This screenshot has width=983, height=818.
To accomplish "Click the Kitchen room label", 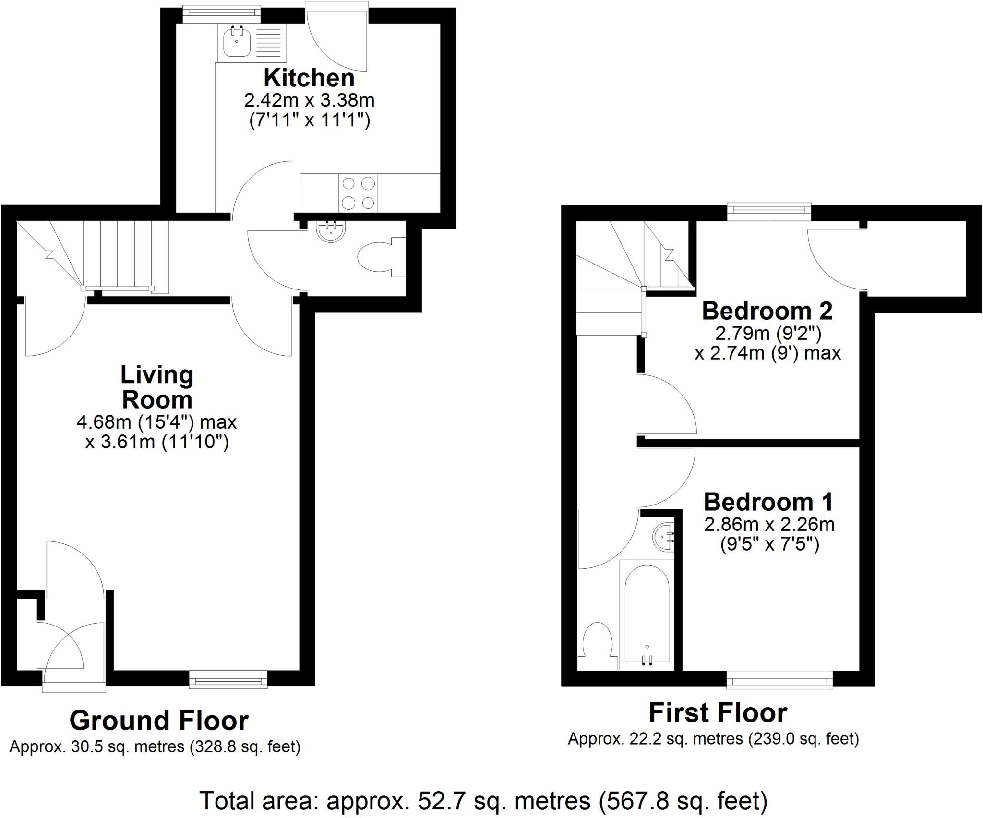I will coord(309,78).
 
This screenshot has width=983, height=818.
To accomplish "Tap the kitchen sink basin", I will coord(236,42).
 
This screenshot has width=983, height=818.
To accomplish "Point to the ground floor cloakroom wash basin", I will coord(331,231).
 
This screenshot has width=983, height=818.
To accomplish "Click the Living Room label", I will coord(157,387).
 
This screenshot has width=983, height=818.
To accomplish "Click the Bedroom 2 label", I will coord(767,311).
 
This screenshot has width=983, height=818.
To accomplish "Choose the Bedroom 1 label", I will coord(768,502).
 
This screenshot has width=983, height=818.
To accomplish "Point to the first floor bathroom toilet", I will coord(597,646).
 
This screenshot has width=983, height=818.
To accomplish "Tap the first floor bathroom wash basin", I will coord(664,538).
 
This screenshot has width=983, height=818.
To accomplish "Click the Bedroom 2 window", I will coord(769,211).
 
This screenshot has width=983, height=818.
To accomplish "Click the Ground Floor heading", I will coord(159,720).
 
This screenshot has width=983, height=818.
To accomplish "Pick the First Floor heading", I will coord(718,712).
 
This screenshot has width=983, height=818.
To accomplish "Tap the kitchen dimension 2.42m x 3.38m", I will coord(309,101).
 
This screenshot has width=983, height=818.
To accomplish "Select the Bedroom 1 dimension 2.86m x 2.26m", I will coord(769,524).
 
